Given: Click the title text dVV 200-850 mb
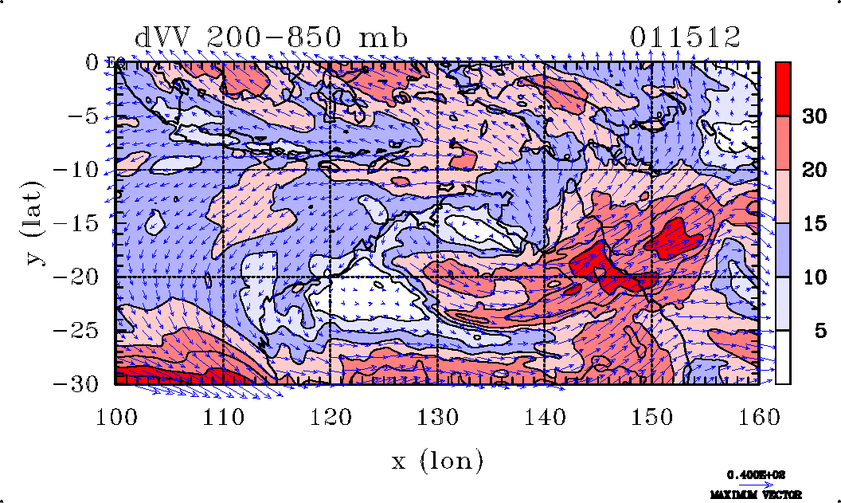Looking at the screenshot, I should pos(272,37).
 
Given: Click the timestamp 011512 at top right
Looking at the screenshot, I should pos(686,37).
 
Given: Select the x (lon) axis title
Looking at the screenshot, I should pos(437,459).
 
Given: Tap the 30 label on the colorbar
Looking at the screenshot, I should pos(813,117).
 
